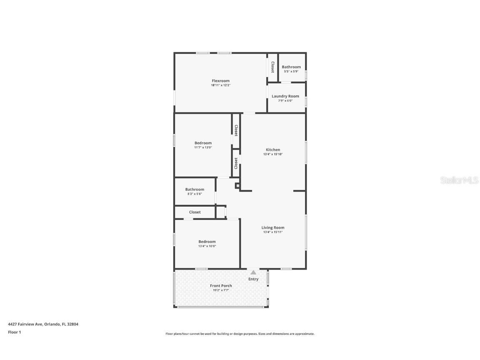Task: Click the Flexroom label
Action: pos(220,81)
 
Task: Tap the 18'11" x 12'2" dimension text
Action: pos(220,85)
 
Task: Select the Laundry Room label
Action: pos(285,96)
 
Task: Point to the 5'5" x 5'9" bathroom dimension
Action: pos(291,71)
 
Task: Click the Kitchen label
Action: pos(273,150)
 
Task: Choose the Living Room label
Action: pos(273,227)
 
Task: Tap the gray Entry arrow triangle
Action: pos(253,272)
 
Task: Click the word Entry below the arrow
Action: pos(253,279)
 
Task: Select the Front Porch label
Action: pos(221,286)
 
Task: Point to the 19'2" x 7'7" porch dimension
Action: pos(221,290)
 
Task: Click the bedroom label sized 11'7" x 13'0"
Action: pos(203,143)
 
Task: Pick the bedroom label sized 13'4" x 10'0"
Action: pos(207,242)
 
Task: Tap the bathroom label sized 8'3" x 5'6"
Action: pos(195,190)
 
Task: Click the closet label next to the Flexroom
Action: pos(272,67)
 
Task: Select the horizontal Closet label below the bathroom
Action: pos(195,212)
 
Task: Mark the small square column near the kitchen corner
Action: pos(237,186)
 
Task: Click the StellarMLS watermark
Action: pos(459,180)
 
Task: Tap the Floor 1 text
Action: pos(14,332)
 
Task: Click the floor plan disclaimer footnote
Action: pos(240,334)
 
